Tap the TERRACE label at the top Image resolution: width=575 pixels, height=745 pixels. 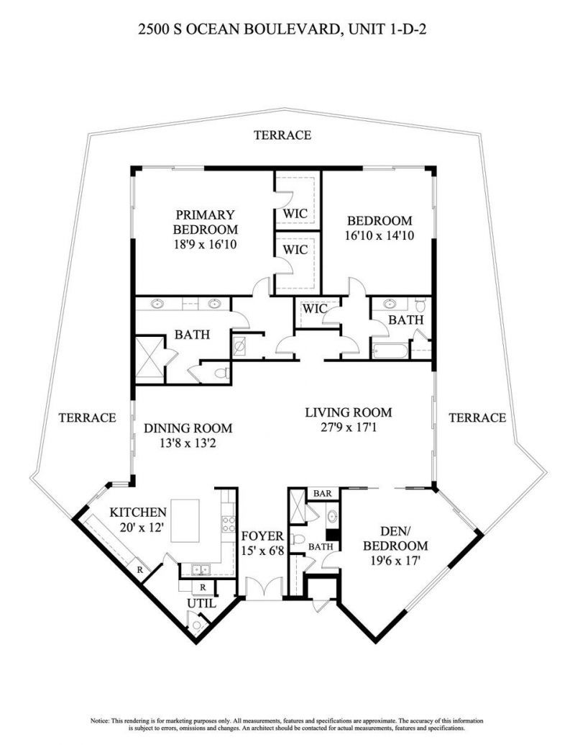(x=282, y=135)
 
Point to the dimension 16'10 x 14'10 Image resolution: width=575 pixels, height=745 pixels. (x=379, y=235)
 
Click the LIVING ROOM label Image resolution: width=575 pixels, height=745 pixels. (x=349, y=412)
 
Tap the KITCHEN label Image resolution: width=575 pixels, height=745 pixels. (x=138, y=513)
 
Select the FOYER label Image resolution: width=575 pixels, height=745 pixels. (x=262, y=536)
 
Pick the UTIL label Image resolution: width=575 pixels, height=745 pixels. (x=201, y=603)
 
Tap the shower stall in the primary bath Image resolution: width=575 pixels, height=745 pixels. (x=151, y=357)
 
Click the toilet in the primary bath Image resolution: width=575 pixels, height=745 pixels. (x=222, y=373)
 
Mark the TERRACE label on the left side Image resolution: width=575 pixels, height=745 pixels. (x=87, y=417)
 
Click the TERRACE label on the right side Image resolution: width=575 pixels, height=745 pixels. (x=477, y=417)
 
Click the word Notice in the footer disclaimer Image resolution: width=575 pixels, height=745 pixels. (x=101, y=720)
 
